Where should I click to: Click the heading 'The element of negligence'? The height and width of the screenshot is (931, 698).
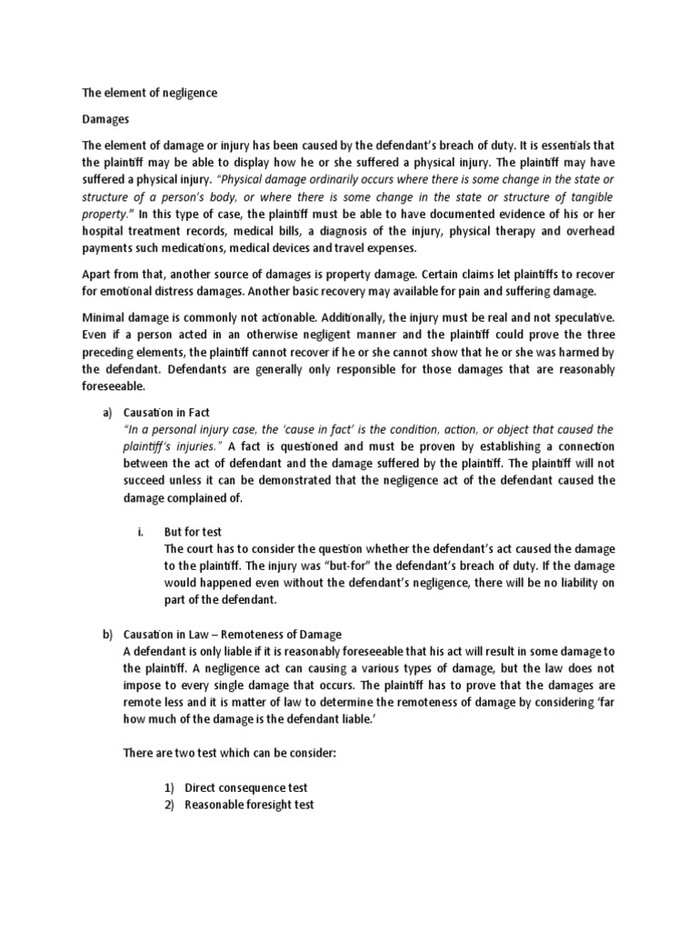coord(150,94)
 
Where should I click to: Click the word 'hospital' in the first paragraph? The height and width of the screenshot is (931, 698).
coord(105,232)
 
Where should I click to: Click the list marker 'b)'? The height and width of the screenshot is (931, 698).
coord(106,634)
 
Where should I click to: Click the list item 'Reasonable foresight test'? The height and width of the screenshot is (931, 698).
coord(254,805)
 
